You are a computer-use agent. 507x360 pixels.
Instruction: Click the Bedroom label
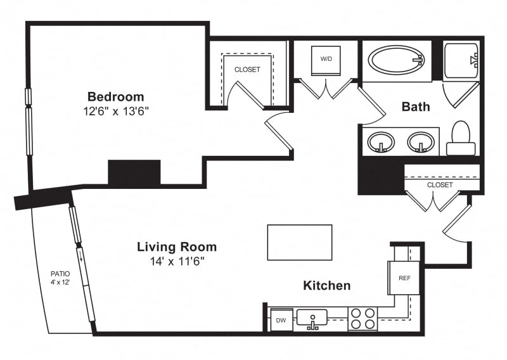click(x=116, y=97)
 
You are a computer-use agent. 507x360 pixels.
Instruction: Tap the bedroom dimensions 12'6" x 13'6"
click(x=116, y=112)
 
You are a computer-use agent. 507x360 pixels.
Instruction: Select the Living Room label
click(x=177, y=247)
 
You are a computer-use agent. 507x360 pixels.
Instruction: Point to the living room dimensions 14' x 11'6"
click(x=177, y=261)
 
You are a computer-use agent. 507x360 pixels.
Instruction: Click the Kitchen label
click(x=327, y=286)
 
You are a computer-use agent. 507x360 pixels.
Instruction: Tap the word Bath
click(x=416, y=106)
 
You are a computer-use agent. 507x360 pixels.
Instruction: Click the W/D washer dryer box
click(x=326, y=61)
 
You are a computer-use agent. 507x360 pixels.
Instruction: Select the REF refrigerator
click(x=404, y=278)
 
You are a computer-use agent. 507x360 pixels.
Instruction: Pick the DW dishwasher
click(x=281, y=320)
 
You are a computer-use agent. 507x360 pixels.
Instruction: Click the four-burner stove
click(x=363, y=319)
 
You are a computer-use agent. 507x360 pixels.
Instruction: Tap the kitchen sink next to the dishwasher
click(x=312, y=318)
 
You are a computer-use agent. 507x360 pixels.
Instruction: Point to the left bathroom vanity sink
click(x=381, y=142)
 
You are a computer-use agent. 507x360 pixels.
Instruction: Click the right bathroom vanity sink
click(x=421, y=142)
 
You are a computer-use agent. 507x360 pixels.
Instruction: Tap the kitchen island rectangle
click(x=300, y=242)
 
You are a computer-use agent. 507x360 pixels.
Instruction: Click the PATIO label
click(x=60, y=274)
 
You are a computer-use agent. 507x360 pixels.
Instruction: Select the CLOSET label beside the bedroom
click(x=247, y=70)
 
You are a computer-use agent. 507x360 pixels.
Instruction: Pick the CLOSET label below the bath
click(x=440, y=185)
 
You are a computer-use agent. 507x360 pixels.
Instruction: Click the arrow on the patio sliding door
click(x=80, y=255)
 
